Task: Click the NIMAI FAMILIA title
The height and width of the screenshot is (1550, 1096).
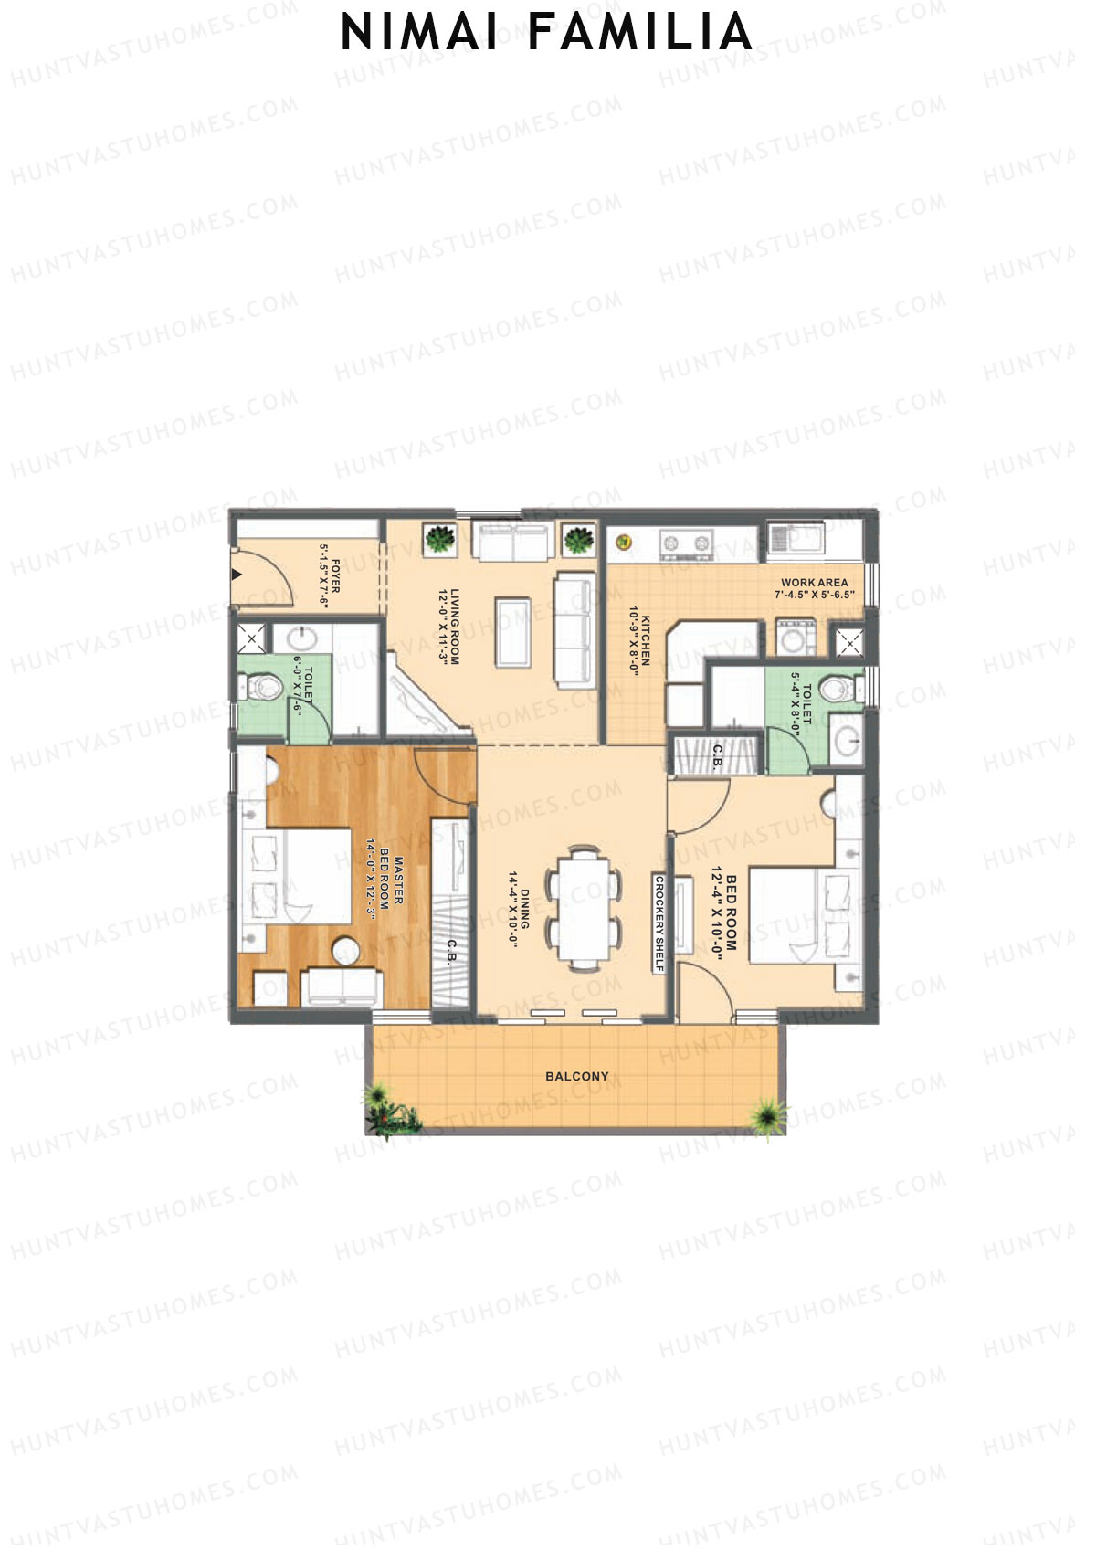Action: pyautogui.click(x=546, y=33)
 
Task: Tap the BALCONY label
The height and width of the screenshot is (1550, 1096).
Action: pyautogui.click(x=576, y=1076)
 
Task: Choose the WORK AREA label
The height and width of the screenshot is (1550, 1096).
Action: pyautogui.click(x=814, y=582)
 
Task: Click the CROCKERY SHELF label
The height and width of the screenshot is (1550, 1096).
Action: pyautogui.click(x=659, y=924)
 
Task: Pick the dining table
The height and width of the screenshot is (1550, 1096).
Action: pyautogui.click(x=584, y=909)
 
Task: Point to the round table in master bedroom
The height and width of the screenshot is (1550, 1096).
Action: pyautogui.click(x=346, y=951)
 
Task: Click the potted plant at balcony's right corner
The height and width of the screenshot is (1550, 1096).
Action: pyautogui.click(x=765, y=1114)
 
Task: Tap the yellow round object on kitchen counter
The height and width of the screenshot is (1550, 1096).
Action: pyautogui.click(x=624, y=542)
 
